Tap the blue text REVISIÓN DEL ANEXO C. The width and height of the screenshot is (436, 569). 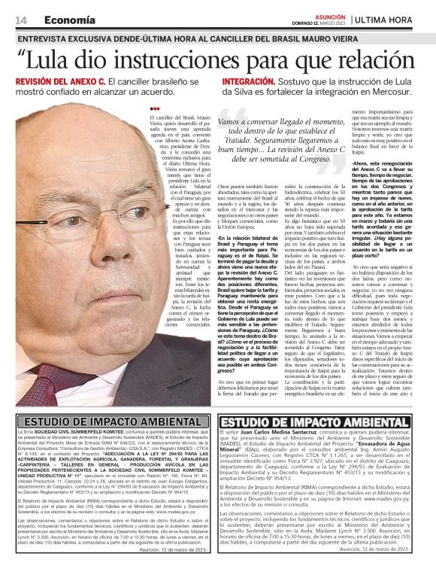coord(60,81)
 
